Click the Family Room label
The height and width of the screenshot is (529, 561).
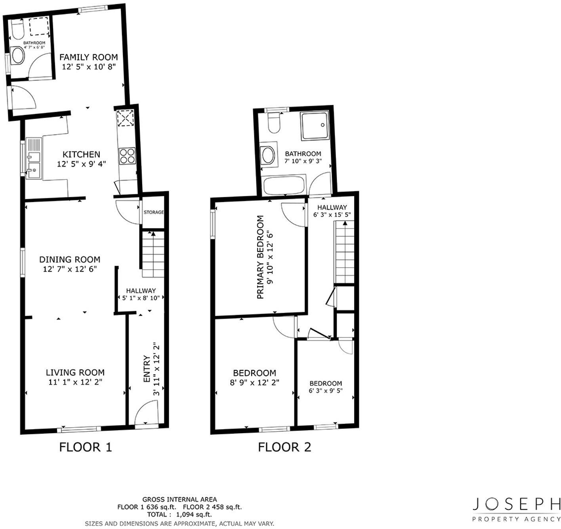pos(88,57)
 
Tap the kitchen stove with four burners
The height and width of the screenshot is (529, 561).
pos(127,155)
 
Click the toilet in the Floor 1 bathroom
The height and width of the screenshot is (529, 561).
pos(17,30)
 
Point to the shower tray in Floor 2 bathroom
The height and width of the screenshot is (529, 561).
pos(314,126)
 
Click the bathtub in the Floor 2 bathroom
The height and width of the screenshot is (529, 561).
pos(284,185)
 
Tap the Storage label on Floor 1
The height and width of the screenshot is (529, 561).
pos(153,212)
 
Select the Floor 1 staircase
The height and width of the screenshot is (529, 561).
pos(153,253)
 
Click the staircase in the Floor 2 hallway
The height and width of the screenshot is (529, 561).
pos(344,252)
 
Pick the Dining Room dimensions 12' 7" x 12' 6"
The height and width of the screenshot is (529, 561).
pos(70,269)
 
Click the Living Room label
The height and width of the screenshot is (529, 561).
pos(75,372)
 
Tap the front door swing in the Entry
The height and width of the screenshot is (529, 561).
pos(147,414)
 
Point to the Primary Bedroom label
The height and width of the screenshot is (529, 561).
pos(260,257)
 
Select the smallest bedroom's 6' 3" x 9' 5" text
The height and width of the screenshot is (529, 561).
pos(325,390)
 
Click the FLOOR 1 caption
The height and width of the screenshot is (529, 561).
pos(86,447)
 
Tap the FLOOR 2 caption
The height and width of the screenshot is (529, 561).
pos(284,447)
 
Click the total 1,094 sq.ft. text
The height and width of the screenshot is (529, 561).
pos(179,514)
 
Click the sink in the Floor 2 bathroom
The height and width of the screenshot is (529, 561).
pos(268,155)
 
